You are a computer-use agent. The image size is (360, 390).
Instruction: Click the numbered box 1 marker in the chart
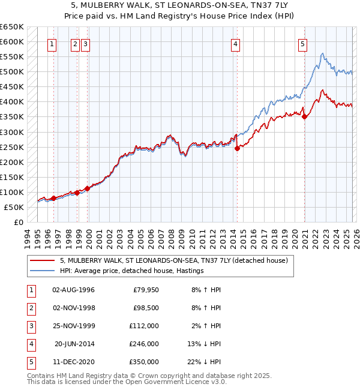click(53, 44)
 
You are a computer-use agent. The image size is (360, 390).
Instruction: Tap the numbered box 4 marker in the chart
click(236, 44)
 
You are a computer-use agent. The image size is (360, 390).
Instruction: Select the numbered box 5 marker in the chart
click(302, 44)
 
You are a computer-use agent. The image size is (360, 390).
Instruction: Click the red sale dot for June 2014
click(237, 148)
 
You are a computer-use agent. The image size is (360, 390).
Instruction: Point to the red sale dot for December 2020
click(304, 117)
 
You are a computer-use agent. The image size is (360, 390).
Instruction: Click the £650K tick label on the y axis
click(11, 27)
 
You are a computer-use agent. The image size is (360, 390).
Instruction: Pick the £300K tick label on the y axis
click(11, 132)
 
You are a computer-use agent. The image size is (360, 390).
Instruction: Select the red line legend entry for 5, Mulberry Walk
click(174, 261)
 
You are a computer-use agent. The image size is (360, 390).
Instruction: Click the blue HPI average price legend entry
click(132, 271)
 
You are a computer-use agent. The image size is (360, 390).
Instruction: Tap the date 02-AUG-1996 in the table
click(74, 290)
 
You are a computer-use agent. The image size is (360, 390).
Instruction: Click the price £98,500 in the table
click(144, 308)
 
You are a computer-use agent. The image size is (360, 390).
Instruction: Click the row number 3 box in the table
click(31, 326)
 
